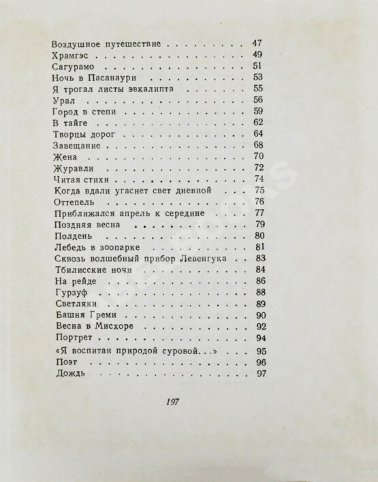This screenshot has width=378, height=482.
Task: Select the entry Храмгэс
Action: coord(71,56)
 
